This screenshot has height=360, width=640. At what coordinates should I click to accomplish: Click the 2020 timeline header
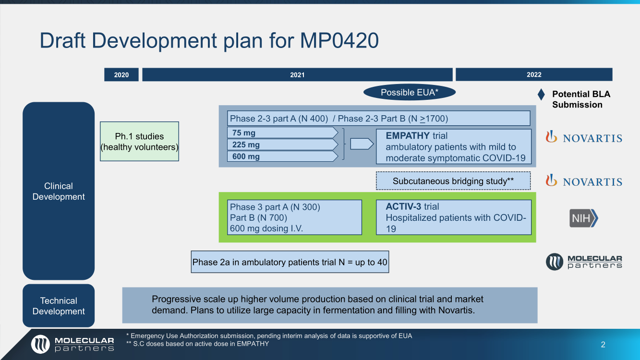tap(121, 74)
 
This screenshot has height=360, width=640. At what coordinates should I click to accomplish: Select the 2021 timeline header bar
tap(297, 74)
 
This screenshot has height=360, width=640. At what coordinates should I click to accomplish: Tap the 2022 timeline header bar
tap(534, 74)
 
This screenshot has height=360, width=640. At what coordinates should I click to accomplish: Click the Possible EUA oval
tap(410, 92)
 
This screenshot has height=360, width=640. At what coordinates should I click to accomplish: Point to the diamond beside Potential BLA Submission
tap(541, 95)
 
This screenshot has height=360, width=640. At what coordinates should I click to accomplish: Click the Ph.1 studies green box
tap(139, 142)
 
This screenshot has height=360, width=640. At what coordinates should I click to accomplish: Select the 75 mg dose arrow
tap(283, 132)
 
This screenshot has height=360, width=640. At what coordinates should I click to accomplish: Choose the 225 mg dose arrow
tap(283, 144)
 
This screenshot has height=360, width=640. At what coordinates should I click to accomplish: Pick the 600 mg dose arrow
tap(283, 156)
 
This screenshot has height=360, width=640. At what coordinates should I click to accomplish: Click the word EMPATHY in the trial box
tap(408, 135)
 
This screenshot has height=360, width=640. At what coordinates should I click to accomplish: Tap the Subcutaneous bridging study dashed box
tap(453, 181)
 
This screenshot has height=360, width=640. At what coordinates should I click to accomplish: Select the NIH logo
tap(583, 218)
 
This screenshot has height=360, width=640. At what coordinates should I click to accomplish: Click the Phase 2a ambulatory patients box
tap(290, 262)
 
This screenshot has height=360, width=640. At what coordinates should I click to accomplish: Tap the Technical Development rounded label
tap(59, 306)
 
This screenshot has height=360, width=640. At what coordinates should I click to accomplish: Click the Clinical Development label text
tap(59, 191)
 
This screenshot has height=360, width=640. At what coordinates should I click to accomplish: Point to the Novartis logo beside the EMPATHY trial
tap(584, 137)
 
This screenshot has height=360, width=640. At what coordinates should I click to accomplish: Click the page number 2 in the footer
tap(603, 345)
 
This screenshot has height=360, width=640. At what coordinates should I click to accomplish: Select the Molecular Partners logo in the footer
tap(72, 344)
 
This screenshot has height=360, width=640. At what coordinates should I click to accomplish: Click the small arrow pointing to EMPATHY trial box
tap(362, 144)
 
